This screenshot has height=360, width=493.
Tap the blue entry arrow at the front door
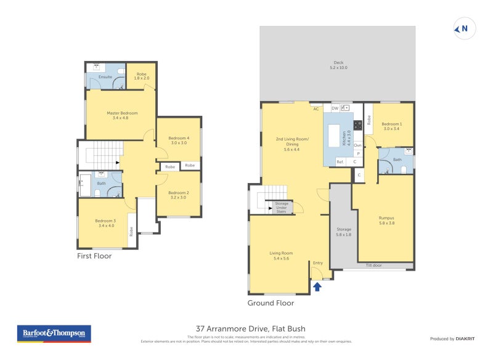(318, 287)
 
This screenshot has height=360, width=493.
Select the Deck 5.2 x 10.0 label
(338, 65)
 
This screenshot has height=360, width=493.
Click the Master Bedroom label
(121, 115)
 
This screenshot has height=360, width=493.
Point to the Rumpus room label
(386, 221)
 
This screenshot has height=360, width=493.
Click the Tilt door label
(373, 266)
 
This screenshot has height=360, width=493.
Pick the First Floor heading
(94, 256)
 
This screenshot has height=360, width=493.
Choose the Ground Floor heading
(271, 303)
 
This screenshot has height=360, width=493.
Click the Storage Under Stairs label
(282, 207)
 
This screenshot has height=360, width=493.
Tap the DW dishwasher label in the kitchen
(335, 108)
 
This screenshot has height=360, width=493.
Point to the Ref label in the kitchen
(339, 162)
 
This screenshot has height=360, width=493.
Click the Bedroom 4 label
(179, 140)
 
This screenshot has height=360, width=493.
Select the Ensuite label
(105, 76)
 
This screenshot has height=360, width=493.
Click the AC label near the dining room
(316, 108)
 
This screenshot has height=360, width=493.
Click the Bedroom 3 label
(105, 223)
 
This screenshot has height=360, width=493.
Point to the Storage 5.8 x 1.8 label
(343, 232)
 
